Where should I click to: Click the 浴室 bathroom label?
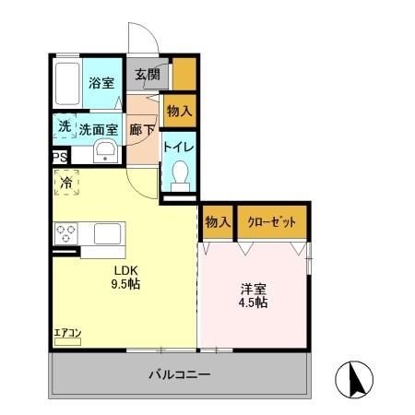pyautogui.click(x=101, y=83)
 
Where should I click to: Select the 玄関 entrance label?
pyautogui.click(x=148, y=75)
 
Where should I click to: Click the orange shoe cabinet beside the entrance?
pyautogui.click(x=184, y=75)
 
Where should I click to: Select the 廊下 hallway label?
pyautogui.click(x=142, y=130)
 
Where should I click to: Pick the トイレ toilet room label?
pyautogui.click(x=178, y=147)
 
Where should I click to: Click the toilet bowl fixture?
pyautogui.click(x=180, y=174)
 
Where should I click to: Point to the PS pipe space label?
pyautogui.click(x=58, y=158)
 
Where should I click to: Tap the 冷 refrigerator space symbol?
pyautogui.click(x=66, y=183)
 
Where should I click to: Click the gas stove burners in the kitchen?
pyautogui.click(x=65, y=233)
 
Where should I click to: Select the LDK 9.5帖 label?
pyautogui.click(x=125, y=277)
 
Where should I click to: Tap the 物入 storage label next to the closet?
pyautogui.click(x=217, y=222)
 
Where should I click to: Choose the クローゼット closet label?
pyautogui.click(x=270, y=222)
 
